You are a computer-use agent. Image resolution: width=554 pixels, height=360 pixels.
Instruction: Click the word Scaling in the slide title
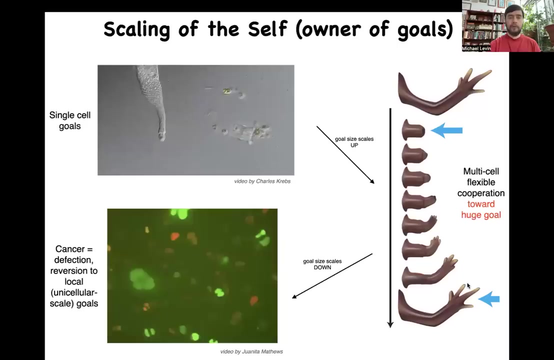[x=136, y=29]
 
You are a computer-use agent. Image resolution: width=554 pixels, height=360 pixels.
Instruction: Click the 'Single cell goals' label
[x=70, y=120]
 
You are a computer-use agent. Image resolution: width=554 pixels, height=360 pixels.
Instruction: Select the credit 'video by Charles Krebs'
[x=262, y=181]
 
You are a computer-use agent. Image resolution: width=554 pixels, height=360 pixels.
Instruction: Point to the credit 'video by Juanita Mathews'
[x=251, y=351]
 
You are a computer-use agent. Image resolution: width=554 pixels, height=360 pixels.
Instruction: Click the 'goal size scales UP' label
[x=354, y=142]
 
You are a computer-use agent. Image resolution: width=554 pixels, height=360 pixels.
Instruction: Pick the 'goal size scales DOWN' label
[x=322, y=264]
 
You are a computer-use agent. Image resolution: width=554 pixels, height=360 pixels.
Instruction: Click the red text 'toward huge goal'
[x=481, y=209]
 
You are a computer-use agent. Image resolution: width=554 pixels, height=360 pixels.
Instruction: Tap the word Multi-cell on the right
[x=481, y=171]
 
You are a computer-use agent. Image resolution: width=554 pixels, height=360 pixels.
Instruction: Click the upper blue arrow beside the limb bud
[x=446, y=130]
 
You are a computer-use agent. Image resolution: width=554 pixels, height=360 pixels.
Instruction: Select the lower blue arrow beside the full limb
[x=489, y=299]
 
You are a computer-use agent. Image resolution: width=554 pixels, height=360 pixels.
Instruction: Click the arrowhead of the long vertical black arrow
[x=390, y=324]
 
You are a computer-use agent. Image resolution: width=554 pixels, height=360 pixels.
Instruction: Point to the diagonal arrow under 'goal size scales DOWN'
[x=332, y=276]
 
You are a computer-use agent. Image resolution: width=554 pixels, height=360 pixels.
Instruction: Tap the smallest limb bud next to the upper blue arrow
[x=413, y=129]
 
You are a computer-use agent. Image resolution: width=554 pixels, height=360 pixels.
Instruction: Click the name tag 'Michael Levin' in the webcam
[x=476, y=48]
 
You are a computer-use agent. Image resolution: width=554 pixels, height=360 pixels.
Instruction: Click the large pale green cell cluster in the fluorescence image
[x=142, y=279]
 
